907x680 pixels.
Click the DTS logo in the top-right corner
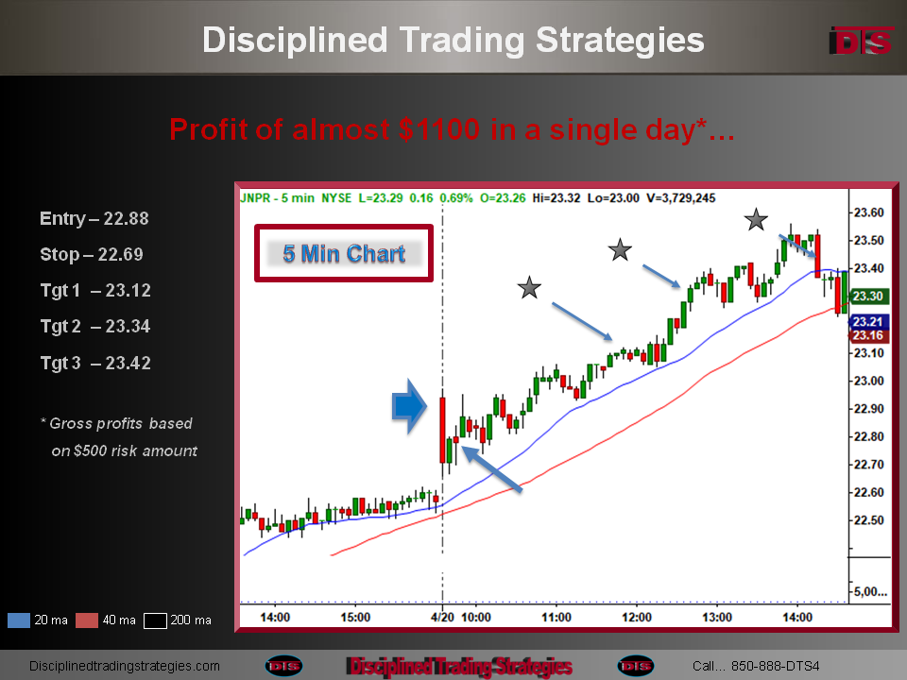coord(862,41)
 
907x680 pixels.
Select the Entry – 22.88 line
coord(94,218)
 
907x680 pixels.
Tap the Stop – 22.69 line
coord(92,254)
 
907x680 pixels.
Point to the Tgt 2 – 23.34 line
coord(95,327)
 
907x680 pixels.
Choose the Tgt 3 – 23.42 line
coord(95,363)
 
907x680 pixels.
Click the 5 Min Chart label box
coord(344,253)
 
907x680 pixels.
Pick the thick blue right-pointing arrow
coord(409,406)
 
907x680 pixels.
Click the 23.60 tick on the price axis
coord(869,212)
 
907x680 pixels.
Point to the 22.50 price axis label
coord(869,519)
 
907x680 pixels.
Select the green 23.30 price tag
coord(867,296)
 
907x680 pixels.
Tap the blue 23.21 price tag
coord(867,321)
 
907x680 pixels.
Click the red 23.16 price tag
coord(867,335)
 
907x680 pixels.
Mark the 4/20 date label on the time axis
coord(442,617)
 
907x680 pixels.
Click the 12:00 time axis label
coord(636,617)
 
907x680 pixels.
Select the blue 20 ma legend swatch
coord(19,620)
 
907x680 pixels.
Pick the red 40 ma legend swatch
coord(87,620)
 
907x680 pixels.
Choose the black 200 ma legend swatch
coord(155,620)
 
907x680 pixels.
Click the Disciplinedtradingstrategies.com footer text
coord(125,666)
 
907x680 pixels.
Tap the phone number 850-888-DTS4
coord(775,666)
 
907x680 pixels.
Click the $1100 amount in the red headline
coord(439,129)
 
